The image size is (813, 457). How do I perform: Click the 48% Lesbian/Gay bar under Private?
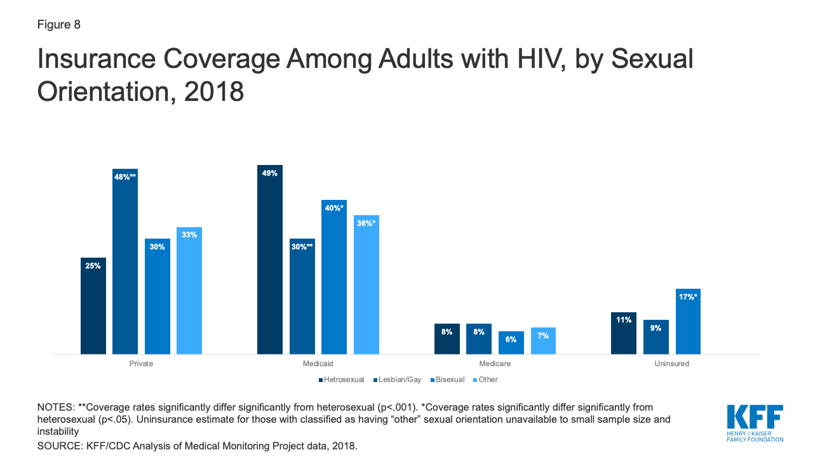pos(125,261)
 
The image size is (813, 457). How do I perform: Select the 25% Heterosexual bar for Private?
pos(93,305)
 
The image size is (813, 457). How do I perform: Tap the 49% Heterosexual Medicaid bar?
pos(270,259)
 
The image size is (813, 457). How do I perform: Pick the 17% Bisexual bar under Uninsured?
pos(688,321)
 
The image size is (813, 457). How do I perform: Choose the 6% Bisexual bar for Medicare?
pos(511,343)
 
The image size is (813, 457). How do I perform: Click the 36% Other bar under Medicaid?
pos(366,284)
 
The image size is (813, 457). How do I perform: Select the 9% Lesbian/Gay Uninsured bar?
pos(656,337)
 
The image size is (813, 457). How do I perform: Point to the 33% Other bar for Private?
pos(189,290)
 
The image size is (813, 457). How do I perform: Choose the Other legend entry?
pos(486,380)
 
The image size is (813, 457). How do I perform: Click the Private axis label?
pos(141,364)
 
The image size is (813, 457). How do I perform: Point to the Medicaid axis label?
pos(318,364)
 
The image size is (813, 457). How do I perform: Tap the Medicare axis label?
pos(495,364)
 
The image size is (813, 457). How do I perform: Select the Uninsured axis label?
pos(671,364)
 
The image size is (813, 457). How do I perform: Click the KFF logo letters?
pos(755,417)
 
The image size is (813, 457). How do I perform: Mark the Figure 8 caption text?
pos(58,25)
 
